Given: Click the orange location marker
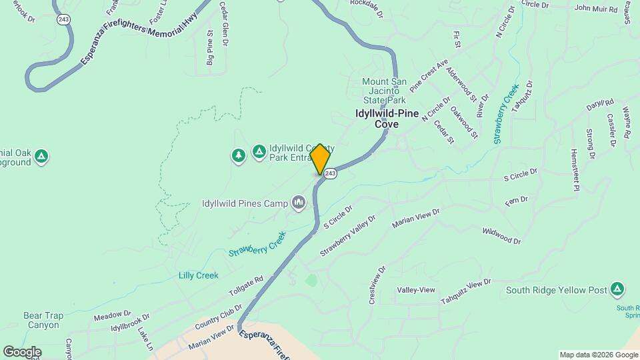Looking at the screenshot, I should click(320, 159).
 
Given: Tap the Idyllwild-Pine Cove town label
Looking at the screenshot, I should click(386, 119).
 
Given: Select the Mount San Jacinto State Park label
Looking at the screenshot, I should click(383, 91).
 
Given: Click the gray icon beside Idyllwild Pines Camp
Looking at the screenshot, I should click(298, 203).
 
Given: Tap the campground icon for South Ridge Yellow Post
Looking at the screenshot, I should click(617, 289).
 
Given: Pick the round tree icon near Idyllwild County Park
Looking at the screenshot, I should click(238, 155).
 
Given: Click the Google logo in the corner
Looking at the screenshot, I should click(22, 351).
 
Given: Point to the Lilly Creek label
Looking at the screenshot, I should click(198, 275).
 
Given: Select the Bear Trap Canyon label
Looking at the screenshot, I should click(43, 320).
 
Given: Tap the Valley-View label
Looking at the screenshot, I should click(416, 290).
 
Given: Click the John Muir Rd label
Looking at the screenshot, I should click(596, 8).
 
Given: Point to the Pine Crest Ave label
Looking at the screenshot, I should click(429, 76).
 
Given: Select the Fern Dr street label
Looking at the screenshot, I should click(517, 201).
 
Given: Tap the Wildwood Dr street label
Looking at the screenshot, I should click(501, 235).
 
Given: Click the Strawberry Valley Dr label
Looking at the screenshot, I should click(348, 235).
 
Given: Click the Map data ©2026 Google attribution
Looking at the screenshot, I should click(599, 355).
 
